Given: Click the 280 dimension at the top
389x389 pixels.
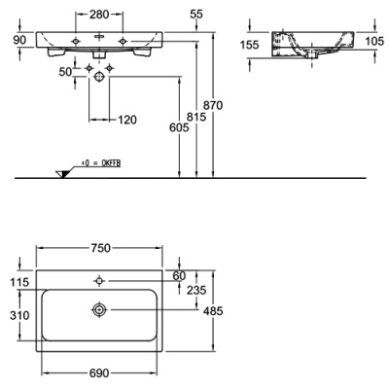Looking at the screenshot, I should coord(99,15).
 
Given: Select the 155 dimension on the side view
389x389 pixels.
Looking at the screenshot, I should coord(251,45).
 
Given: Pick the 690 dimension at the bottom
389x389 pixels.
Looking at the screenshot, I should coord(99,373).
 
